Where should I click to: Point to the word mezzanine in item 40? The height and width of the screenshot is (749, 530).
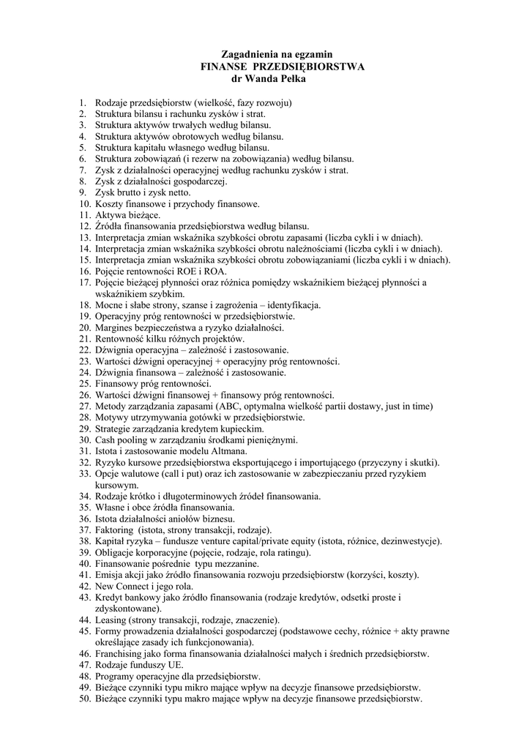pos(235,564)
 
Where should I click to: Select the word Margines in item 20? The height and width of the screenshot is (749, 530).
pos(115,328)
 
